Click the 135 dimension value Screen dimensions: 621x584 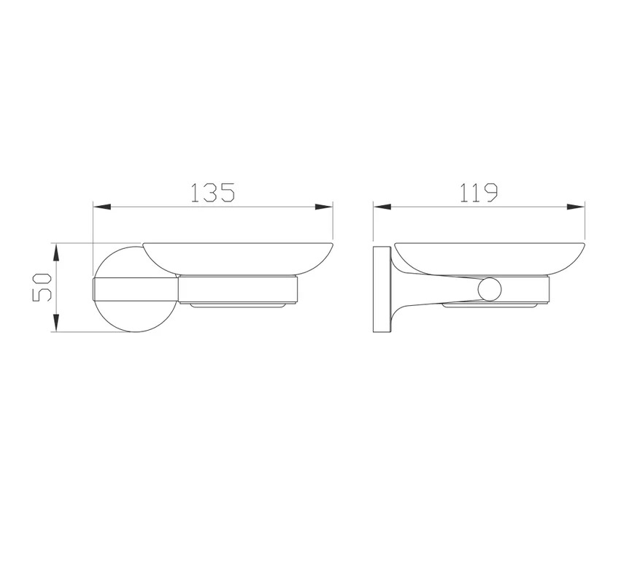(x=213, y=193)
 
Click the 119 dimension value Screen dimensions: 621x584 (x=478, y=193)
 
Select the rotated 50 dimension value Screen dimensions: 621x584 (x=42, y=287)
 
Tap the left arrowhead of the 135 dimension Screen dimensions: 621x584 (x=101, y=207)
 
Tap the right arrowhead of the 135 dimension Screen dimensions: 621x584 (x=324, y=207)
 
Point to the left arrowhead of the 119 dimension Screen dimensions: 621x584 (x=382, y=207)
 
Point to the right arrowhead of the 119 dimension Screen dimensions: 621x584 (x=576, y=207)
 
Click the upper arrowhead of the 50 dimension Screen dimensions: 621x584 (x=56, y=253)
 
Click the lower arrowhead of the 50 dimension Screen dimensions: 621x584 (x=56, y=323)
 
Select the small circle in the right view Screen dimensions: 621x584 (x=490, y=289)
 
